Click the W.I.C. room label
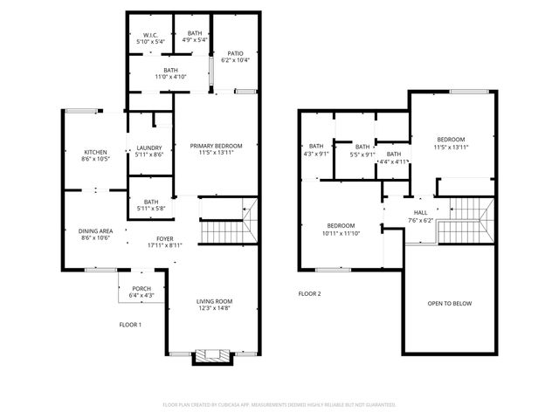click(x=149, y=35)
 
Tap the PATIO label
click(x=234, y=53)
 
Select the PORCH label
click(x=141, y=289)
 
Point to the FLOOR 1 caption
click(x=130, y=325)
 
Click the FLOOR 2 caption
click(x=309, y=294)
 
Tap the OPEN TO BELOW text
click(x=449, y=304)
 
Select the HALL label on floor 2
click(x=421, y=212)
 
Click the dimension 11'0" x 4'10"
click(x=170, y=78)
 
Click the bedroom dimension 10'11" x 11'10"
click(x=341, y=232)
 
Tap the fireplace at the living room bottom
click(x=212, y=355)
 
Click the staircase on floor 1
click(x=227, y=226)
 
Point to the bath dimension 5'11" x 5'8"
click(x=150, y=209)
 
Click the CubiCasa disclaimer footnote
click(x=279, y=405)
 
